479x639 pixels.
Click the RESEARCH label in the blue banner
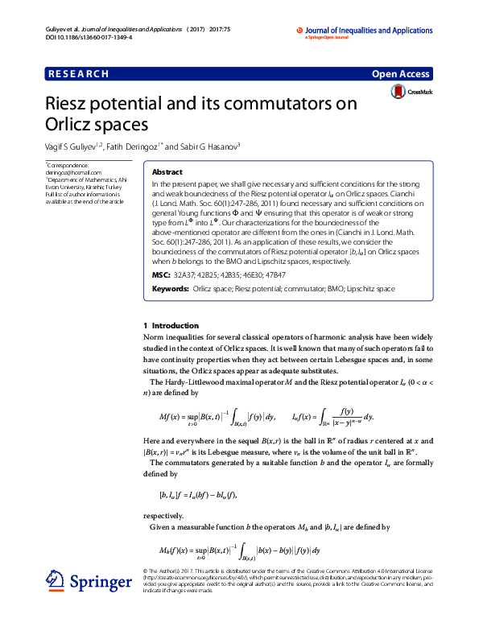pyautogui.click(x=78, y=74)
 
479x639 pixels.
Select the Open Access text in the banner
pyautogui.click(x=402, y=74)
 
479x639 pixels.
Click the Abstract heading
pyautogui.click(x=167, y=172)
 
